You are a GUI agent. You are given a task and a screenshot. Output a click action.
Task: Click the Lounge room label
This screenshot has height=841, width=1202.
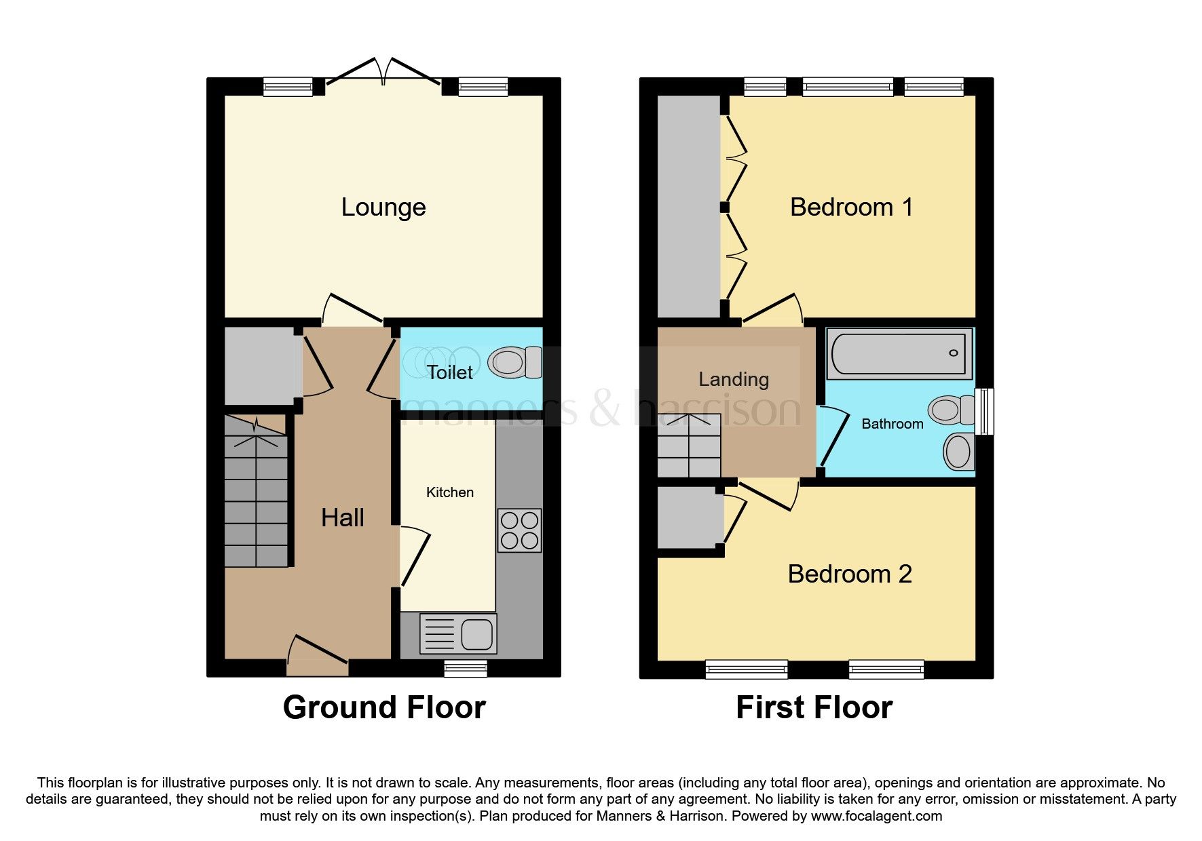pos(383,207)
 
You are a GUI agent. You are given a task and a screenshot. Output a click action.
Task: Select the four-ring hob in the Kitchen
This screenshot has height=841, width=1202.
pos(519,530)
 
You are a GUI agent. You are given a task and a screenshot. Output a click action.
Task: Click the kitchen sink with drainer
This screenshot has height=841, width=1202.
pos(458,633)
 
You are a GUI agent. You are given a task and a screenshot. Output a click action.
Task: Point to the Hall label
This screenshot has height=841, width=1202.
pos(342,518)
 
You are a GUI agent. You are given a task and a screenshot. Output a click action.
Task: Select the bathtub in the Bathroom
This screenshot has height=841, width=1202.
pos(899,353)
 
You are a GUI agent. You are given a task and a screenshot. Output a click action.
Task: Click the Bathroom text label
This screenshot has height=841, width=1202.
pos(892,424)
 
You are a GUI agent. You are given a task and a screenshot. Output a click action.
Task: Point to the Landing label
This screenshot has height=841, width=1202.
pos(734,379)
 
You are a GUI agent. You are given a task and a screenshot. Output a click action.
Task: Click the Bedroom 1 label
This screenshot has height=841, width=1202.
pos(851,207)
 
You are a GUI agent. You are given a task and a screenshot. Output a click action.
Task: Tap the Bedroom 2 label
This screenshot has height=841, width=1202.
pos(849,574)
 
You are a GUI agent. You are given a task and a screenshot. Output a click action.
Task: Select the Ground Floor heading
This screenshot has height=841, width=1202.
pos(384,707)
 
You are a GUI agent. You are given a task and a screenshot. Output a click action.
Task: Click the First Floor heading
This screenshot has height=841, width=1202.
pos(814,707)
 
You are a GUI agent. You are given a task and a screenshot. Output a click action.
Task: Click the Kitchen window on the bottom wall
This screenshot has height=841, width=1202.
pos(466,668)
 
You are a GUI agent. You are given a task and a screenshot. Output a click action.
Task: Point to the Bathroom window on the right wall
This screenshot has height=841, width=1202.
pos(984,411)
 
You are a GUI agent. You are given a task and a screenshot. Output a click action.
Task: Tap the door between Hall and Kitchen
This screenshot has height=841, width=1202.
pos(415,556)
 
